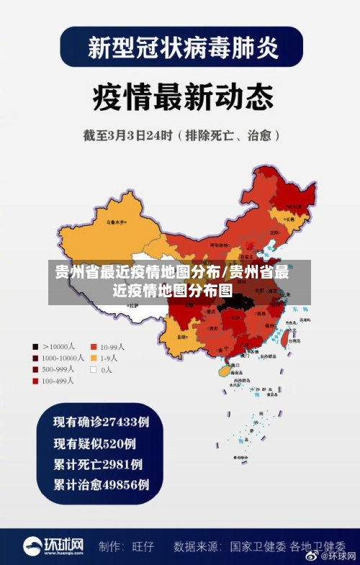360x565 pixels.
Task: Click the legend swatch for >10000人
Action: click(x=35, y=345)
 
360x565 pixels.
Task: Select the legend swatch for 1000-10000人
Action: click(x=35, y=357)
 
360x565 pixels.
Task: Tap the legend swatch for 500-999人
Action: click(x=35, y=369)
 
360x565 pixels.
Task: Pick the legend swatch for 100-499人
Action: click(x=35, y=381)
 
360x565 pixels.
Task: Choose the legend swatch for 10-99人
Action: click(x=93, y=345)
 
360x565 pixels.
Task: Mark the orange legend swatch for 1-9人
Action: click(x=93, y=357)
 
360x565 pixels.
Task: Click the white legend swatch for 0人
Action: click(x=93, y=369)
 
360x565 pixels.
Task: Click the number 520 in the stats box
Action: click(x=113, y=443)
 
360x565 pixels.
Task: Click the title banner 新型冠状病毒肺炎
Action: click(x=181, y=48)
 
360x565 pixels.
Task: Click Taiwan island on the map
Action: click(x=292, y=328)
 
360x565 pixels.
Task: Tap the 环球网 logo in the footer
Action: click(x=53, y=546)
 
